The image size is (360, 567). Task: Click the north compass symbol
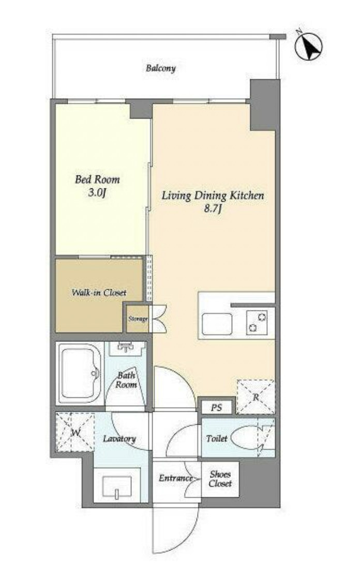308,47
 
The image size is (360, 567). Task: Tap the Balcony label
161,68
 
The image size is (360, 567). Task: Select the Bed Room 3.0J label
97,186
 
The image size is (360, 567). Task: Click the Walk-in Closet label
99,292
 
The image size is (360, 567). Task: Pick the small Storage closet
138,319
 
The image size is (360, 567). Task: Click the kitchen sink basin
217,324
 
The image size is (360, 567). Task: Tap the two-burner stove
257,322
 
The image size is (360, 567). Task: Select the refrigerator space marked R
256,397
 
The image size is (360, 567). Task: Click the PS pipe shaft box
217,408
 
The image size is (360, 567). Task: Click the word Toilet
217,439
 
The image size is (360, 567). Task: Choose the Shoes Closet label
220,479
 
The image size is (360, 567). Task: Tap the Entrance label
175,478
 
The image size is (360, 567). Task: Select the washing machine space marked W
75,432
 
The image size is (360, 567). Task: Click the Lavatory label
119,439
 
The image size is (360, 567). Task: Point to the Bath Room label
126,380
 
